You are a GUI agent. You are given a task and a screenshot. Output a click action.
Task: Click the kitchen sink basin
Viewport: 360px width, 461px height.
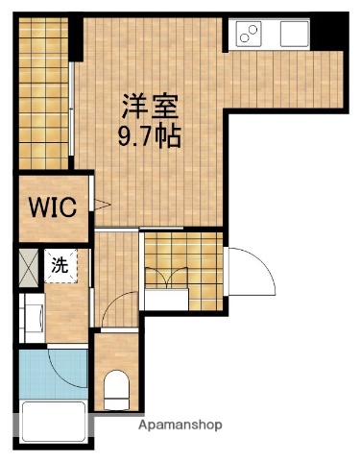pyautogui.click(x=292, y=34)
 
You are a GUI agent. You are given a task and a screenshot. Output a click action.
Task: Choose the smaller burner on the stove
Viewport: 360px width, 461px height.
pyautogui.click(x=255, y=28)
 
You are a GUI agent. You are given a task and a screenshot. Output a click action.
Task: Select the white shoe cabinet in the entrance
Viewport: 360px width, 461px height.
pyautogui.click(x=167, y=300)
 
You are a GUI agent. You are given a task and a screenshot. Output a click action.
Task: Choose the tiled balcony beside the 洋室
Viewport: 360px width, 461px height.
pyautogui.click(x=44, y=91)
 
